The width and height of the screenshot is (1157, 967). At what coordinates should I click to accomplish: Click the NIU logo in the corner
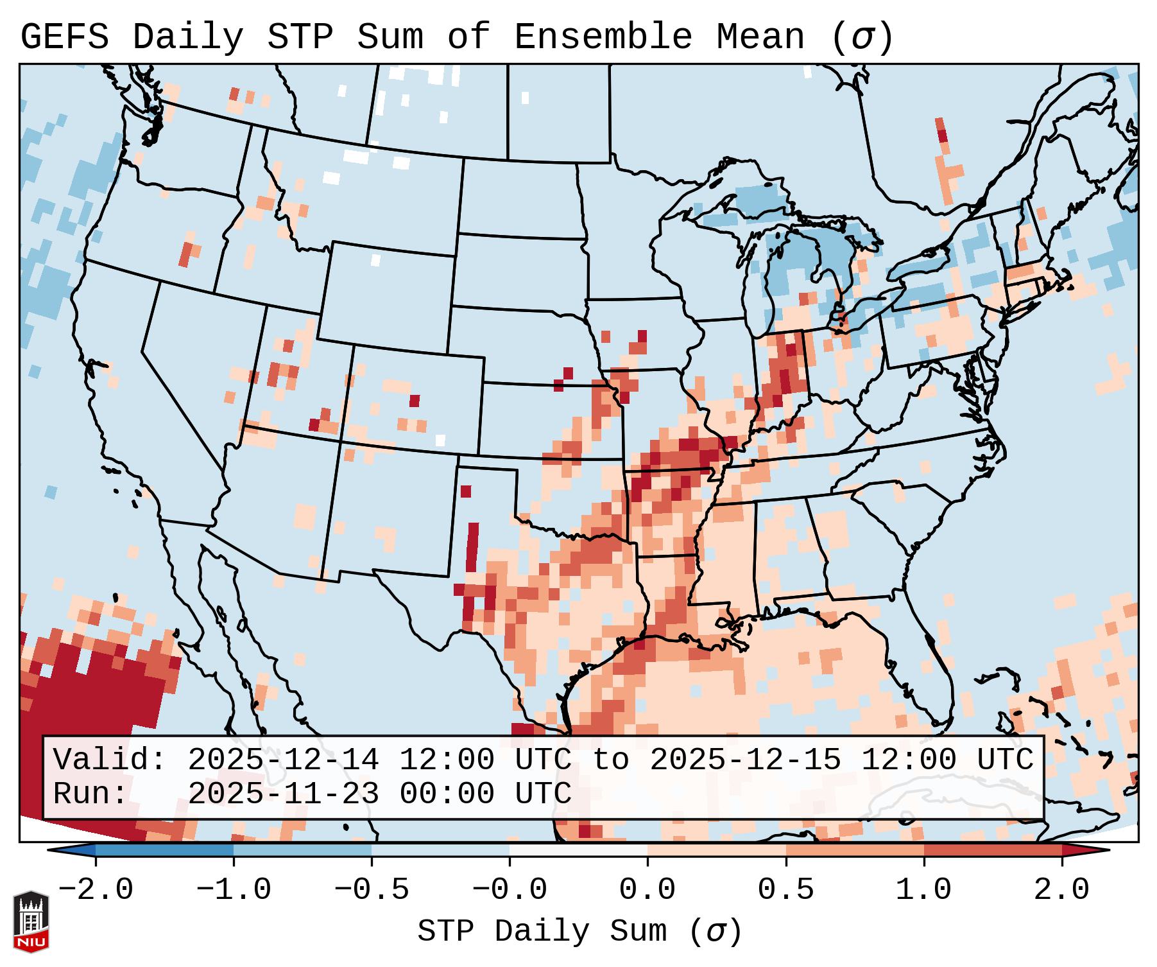[x=31, y=921]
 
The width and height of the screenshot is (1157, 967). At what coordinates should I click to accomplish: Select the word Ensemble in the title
[x=603, y=37]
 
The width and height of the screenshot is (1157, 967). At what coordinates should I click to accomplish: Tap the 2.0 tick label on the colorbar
[x=1062, y=890]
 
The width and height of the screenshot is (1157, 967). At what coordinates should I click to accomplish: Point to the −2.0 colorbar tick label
[x=96, y=890]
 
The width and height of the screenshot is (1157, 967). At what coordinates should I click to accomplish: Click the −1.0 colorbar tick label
[x=234, y=890]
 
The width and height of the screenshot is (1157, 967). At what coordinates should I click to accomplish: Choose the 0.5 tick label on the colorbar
[x=786, y=890]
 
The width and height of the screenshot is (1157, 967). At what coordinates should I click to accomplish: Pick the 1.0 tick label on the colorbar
[x=924, y=890]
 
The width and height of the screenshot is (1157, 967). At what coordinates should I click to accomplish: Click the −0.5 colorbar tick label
[x=372, y=890]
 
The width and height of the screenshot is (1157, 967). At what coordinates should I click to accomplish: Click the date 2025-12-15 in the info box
[x=745, y=760]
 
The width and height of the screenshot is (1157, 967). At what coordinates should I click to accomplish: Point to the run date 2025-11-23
[x=283, y=794]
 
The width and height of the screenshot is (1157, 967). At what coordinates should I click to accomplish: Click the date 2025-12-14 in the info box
[x=283, y=760]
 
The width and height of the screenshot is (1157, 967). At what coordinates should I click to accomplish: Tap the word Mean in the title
[x=760, y=37]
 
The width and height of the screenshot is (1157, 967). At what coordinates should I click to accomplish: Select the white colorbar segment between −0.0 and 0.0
[x=578, y=850]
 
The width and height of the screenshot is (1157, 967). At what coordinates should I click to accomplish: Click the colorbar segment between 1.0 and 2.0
[x=993, y=850]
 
